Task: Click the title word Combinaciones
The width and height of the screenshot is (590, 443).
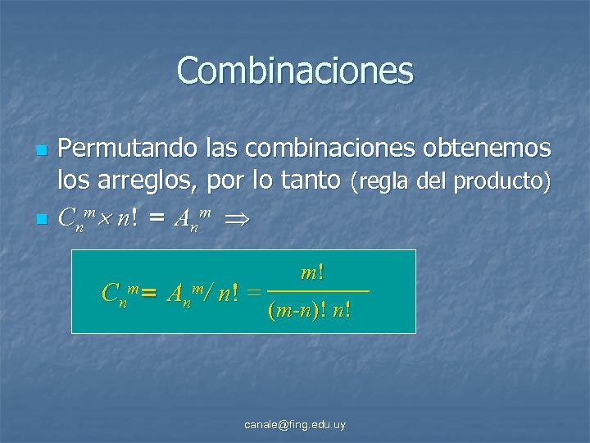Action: pos(295,71)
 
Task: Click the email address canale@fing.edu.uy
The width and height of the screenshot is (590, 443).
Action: pos(295,424)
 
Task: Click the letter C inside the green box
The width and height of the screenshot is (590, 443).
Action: pos(109,292)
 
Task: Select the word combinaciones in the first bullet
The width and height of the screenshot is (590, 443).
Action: pos(293,148)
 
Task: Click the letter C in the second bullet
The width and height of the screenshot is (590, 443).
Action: pos(66,218)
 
